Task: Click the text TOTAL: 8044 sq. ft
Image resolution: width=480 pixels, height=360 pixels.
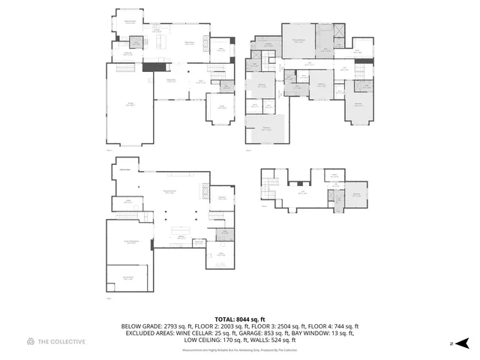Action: pyautogui.click(x=239, y=319)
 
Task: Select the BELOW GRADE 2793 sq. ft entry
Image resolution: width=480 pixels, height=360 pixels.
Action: pyautogui.click(x=151, y=326)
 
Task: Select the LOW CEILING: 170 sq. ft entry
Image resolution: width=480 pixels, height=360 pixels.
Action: pyautogui.click(x=210, y=340)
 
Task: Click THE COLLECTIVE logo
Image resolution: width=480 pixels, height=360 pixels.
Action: pyautogui.click(x=56, y=342)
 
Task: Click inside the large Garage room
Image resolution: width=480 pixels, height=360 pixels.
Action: pyautogui.click(x=130, y=104)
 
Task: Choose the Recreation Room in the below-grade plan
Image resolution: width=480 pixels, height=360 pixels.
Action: pyautogui.click(x=169, y=192)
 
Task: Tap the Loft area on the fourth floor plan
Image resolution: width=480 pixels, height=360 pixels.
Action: pyautogui.click(x=302, y=192)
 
